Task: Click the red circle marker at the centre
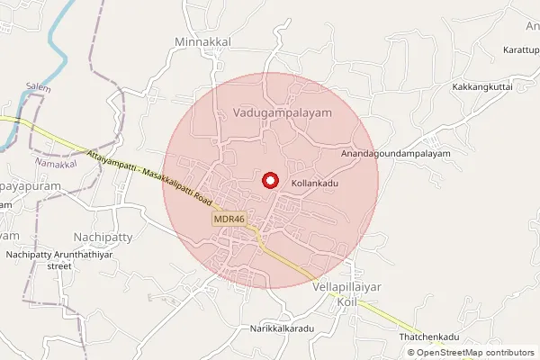pyautogui.click(x=269, y=180)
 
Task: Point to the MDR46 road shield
pyautogui.click(x=229, y=219)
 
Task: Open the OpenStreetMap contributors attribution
pyautogui.click(x=471, y=353)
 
